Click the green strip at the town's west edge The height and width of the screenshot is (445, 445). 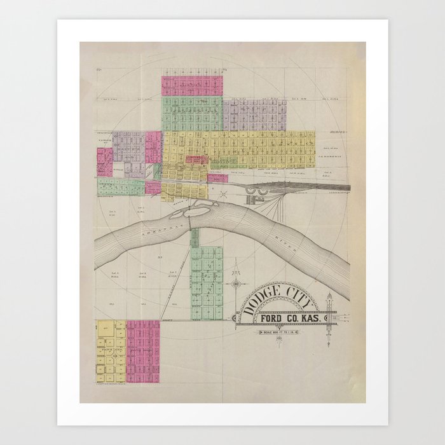[x=121, y=187]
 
